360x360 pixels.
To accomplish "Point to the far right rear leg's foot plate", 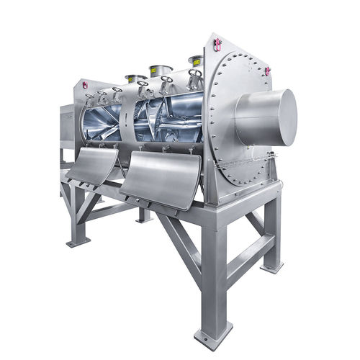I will [271, 267].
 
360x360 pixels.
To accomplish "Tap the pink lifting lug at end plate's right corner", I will [267, 71].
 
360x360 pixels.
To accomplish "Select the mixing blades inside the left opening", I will [104, 125].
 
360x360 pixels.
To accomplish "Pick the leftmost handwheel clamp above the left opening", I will [89, 97].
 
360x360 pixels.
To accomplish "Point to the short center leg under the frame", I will [144, 214].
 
